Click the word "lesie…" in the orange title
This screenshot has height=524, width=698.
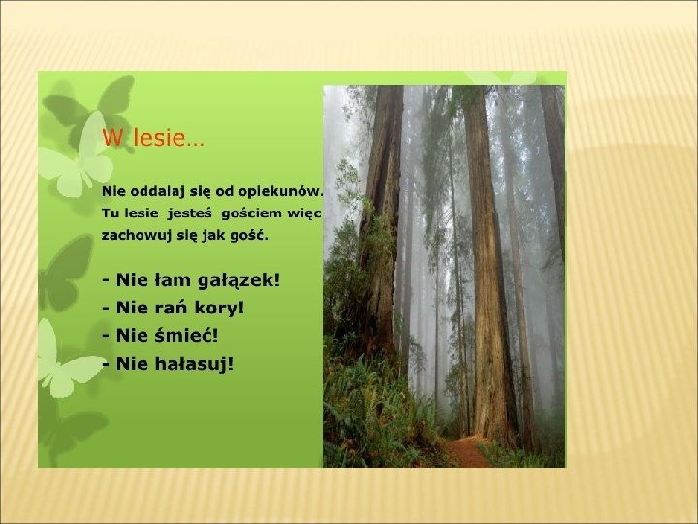(169, 137)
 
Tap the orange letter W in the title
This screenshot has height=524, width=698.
(113, 137)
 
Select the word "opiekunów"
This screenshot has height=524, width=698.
(279, 192)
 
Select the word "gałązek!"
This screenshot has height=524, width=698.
(238, 280)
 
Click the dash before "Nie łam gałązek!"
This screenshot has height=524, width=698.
(106, 281)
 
